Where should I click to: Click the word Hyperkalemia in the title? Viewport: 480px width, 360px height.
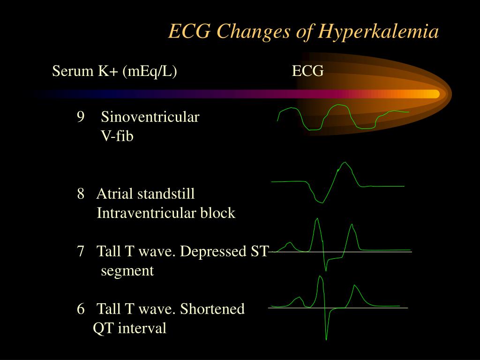click(x=378, y=32)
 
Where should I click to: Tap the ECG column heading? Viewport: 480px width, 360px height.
click(x=307, y=71)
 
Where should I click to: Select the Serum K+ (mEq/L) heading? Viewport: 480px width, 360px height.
click(x=114, y=72)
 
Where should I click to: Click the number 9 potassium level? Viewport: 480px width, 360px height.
click(x=81, y=117)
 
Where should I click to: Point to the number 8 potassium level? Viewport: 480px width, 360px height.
click(x=81, y=194)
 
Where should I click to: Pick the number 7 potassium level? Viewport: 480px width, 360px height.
click(x=81, y=251)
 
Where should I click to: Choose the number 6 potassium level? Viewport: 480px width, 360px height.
click(x=81, y=308)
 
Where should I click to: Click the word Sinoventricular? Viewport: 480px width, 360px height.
click(x=150, y=117)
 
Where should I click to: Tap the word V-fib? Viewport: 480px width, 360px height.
click(x=117, y=136)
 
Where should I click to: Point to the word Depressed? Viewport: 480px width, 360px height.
click(x=213, y=252)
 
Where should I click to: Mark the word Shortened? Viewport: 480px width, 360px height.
click(x=212, y=308)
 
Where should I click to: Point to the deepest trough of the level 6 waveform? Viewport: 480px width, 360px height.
click(x=326, y=339)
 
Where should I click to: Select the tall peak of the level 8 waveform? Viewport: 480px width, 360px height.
click(x=345, y=163)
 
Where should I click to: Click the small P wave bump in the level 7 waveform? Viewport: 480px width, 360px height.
click(x=289, y=244)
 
